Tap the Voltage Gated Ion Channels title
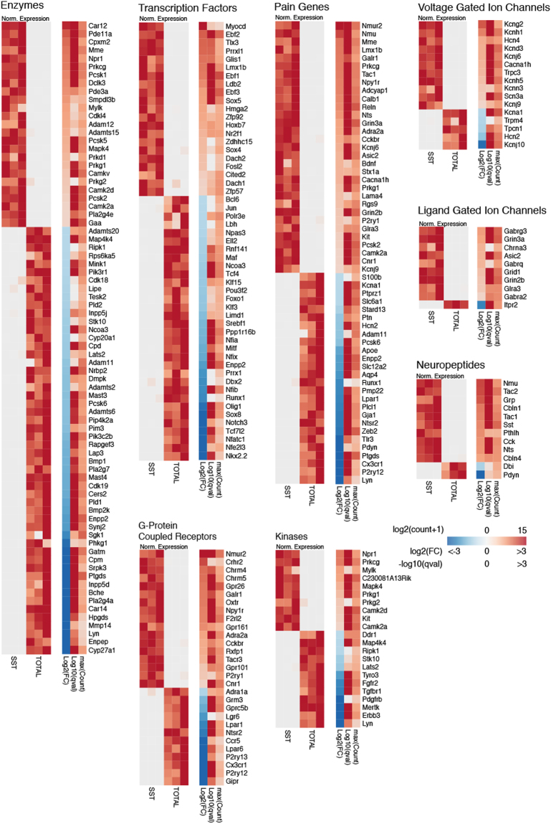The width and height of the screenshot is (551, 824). click(484, 6)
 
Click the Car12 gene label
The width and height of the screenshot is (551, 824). click(97, 26)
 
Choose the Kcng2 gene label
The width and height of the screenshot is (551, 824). click(514, 24)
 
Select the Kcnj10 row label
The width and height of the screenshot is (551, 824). click(514, 144)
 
